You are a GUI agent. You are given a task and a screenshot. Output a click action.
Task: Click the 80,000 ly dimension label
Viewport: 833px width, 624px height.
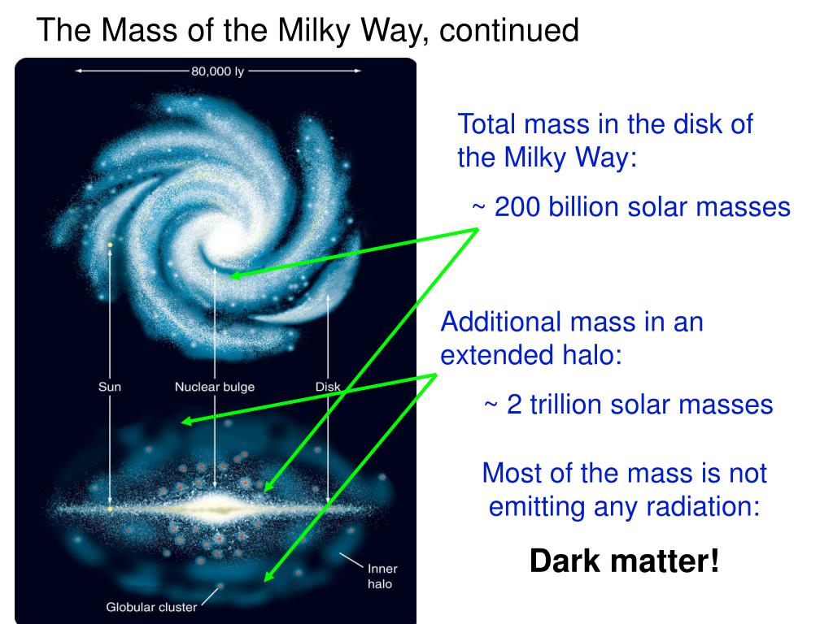[x=218, y=71]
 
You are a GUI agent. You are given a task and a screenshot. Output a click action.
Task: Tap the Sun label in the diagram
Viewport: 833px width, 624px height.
[x=110, y=387]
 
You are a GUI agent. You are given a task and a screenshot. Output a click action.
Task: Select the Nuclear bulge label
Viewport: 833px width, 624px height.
[x=215, y=387]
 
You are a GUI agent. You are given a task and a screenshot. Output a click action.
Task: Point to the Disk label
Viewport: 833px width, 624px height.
[x=328, y=387]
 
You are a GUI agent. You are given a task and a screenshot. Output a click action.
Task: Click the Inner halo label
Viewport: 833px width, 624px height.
[x=382, y=576]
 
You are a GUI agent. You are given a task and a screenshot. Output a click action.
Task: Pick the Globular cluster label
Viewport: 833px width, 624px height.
[x=151, y=607]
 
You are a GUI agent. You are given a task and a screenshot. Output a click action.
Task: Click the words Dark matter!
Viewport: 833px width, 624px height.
[x=625, y=561]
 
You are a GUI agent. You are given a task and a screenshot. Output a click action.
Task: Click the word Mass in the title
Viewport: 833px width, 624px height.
[x=138, y=30]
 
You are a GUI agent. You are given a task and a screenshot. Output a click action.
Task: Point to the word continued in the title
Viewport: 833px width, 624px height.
[x=509, y=30]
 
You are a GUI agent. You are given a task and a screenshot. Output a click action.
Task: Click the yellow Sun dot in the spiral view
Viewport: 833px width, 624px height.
[x=110, y=245]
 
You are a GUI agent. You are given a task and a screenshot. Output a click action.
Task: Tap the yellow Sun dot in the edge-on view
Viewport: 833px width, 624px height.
[x=110, y=509]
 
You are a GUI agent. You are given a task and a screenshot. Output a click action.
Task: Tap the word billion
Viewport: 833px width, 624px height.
[x=583, y=206]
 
